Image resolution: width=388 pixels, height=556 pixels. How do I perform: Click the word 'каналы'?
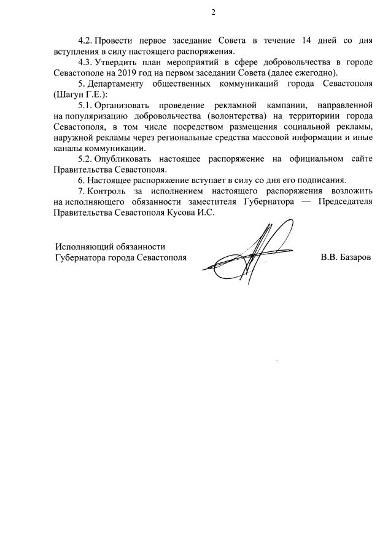(x=68, y=148)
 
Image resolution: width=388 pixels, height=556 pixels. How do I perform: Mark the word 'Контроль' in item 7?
(x=106, y=191)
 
